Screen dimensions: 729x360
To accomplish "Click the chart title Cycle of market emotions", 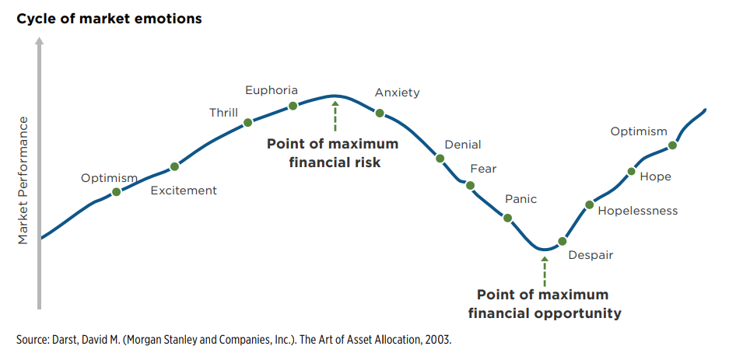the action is click(109, 19).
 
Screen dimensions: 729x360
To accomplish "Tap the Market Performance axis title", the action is click(23, 180).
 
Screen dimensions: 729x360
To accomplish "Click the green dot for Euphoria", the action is click(293, 106).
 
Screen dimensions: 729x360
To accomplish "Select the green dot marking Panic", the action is click(508, 218).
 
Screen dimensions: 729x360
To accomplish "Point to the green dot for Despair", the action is click(562, 241).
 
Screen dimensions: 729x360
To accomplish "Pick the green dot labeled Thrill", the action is click(248, 123).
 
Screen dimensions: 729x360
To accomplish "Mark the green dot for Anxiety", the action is click(380, 113).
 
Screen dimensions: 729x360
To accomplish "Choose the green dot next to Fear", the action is click(470, 185).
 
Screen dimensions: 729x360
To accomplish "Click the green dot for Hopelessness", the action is click(590, 204).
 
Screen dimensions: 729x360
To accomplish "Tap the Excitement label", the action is click(184, 190).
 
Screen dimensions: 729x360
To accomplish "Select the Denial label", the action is click(463, 145).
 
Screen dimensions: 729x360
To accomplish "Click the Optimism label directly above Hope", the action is click(639, 132).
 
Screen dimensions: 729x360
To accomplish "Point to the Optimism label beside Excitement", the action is click(109, 178).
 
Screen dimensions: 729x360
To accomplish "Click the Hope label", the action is click(656, 177).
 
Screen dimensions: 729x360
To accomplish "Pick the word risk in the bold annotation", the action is click(366, 163).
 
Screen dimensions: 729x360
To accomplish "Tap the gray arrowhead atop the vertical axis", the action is click(39, 41).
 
